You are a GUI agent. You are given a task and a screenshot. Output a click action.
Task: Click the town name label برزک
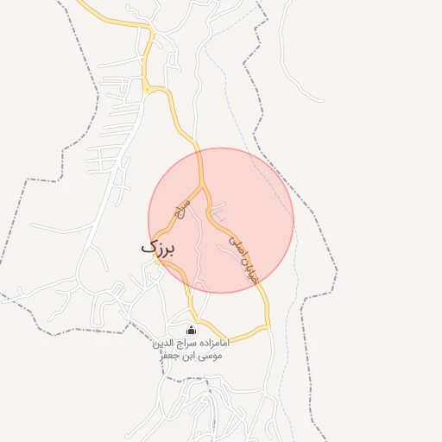click(x=158, y=247)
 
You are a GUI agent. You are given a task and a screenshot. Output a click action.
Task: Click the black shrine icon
click(x=192, y=330)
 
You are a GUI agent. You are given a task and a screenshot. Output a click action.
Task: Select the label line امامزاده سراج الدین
click(x=186, y=343)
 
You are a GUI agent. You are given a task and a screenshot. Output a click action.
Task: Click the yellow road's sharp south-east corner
click(x=268, y=326)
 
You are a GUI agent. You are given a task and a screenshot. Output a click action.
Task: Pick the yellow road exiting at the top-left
click(x=95, y=12)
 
